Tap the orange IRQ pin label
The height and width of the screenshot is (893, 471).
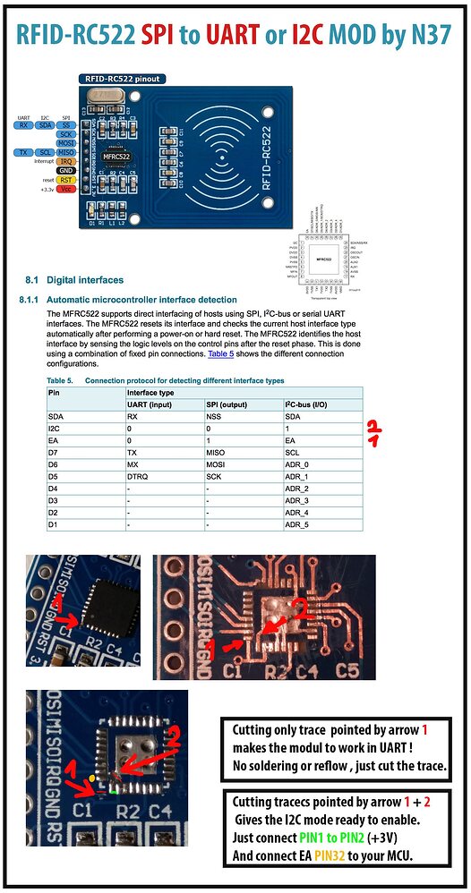tap(65, 160)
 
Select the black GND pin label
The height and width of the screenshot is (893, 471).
tap(65, 169)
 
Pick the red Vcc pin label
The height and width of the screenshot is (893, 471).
tap(65, 188)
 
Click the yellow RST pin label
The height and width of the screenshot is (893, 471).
tap(65, 179)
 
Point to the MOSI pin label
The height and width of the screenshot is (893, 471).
tap(65, 142)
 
